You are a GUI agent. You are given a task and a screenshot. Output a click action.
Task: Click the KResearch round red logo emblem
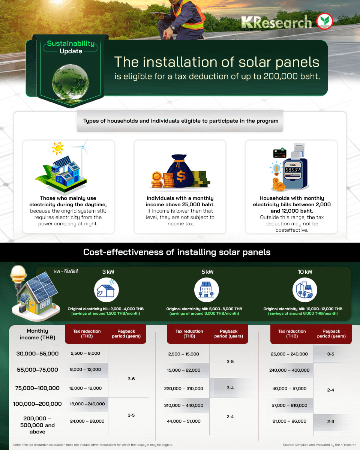pos(324,21)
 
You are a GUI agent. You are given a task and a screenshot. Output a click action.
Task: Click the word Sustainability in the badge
pos(71,43)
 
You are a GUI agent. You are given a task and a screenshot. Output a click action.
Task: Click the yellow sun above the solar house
pos(58,148)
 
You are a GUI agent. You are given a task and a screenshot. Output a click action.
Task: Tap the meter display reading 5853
pos(293,170)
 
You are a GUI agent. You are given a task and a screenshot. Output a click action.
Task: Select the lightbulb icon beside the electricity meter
pos(276,168)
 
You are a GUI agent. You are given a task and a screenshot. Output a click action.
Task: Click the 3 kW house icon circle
pos(106,290)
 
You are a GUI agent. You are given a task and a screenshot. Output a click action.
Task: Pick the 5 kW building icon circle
pos(207,290)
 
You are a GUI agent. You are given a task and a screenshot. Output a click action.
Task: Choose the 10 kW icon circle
pos(305,290)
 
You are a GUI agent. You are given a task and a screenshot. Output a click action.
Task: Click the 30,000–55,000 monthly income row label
pos(37,354)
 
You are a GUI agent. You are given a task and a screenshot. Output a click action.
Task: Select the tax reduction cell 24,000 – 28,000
pos(87,421)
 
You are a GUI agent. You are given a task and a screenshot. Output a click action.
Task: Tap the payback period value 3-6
pos(131,379)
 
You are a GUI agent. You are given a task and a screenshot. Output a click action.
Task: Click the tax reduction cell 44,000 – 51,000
pos(183,421)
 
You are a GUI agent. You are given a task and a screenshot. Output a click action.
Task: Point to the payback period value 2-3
pos(330,421)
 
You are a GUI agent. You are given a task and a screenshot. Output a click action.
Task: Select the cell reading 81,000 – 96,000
pos(289,421)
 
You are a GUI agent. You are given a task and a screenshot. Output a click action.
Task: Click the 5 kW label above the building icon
pos(207,271)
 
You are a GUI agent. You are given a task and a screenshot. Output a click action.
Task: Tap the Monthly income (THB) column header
pos(37,334)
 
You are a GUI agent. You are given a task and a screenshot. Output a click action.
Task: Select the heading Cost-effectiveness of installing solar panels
pos(177,252)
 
